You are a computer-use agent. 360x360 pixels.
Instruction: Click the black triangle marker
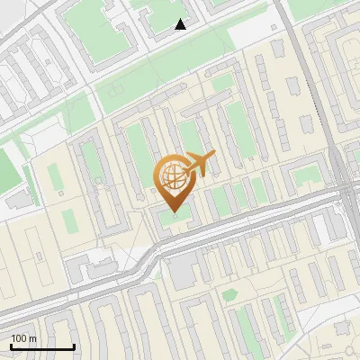pyautogui.click(x=180, y=24)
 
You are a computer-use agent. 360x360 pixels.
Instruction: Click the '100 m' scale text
pyautogui.click(x=23, y=338)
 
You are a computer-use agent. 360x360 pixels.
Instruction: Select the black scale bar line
pyautogui.click(x=42, y=346)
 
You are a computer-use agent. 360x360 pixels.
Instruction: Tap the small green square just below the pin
pyautogui.click(x=171, y=219)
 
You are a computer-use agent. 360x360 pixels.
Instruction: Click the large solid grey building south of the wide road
pyautogui.click(x=184, y=271)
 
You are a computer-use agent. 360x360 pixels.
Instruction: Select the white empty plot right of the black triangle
pyautogui.click(x=251, y=32)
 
